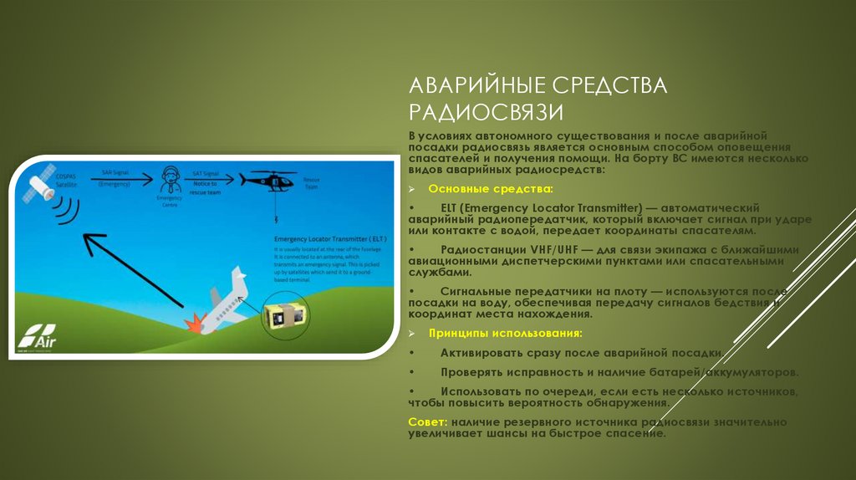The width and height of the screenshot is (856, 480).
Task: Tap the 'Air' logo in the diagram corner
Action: [x=34, y=339]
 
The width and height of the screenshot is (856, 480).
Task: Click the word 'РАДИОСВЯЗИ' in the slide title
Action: [x=486, y=111]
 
